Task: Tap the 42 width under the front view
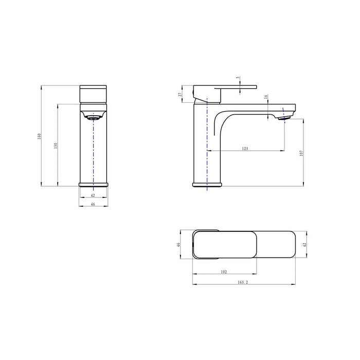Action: [93, 195]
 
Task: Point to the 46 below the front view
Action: [93, 204]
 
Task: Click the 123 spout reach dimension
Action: [245, 148]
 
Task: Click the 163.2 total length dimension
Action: [245, 282]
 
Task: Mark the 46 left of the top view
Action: [178, 245]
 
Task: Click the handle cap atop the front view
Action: [93, 94]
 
